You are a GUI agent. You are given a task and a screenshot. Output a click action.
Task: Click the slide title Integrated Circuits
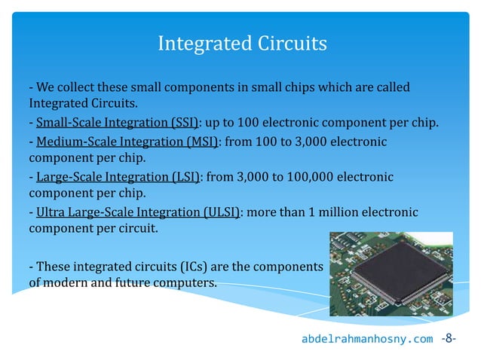[x=241, y=44]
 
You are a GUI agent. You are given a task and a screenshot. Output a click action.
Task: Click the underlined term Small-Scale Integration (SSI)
[x=116, y=122]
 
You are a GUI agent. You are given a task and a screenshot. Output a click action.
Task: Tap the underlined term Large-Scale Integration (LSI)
[x=118, y=177]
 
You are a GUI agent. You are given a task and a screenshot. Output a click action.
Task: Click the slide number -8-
[x=450, y=338]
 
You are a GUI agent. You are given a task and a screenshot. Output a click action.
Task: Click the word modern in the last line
[x=64, y=283]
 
